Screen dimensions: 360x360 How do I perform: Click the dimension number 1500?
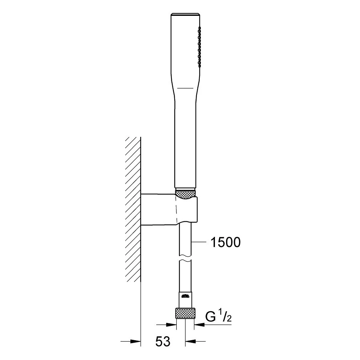(x=225, y=242)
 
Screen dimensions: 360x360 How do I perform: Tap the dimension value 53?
(x=163, y=341)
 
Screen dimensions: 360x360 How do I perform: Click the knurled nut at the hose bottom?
(x=185, y=313)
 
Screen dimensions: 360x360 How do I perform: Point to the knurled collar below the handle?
(x=185, y=194)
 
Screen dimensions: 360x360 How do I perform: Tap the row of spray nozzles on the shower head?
(x=199, y=47)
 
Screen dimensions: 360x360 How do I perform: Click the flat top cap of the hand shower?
(x=185, y=14)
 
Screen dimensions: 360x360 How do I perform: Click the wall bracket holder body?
(x=169, y=210)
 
